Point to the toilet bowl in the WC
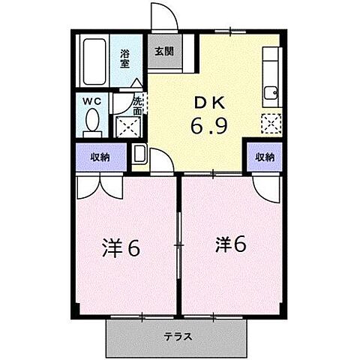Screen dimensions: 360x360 tap(92, 120)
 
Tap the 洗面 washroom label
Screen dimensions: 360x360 tap(138, 106)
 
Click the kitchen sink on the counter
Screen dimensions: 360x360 tap(271, 94)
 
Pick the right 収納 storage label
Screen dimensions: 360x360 tap(264, 157)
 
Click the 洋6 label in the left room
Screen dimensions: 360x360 tap(121, 247)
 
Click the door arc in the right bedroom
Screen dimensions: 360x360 tap(263, 188)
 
